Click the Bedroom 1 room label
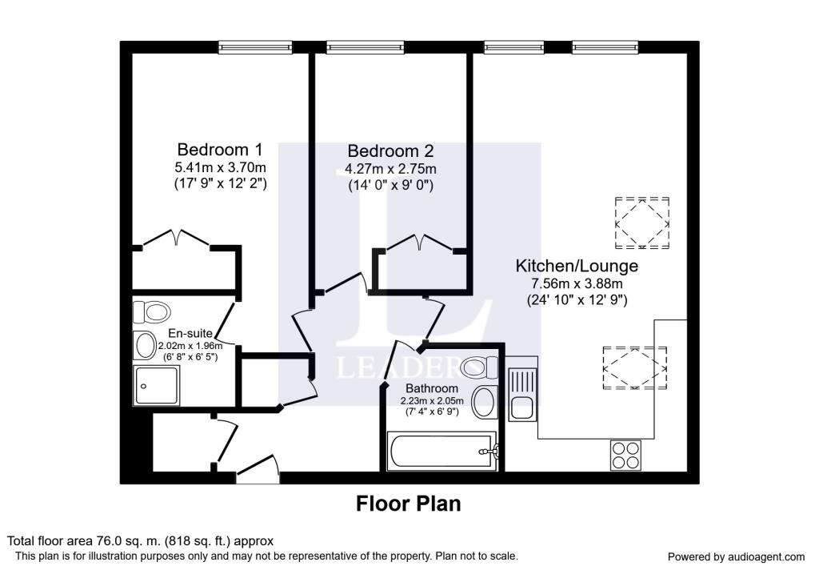point(220,150)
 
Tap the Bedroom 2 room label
point(390,151)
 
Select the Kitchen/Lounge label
point(577,266)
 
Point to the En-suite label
point(190,333)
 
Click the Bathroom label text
point(432,388)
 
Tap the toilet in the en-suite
point(151,312)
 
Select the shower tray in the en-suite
point(157,385)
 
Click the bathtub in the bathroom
point(441,451)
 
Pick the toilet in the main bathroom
point(481,367)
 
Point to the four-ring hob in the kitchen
point(625,455)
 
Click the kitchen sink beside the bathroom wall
point(522,394)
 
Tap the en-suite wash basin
point(145,345)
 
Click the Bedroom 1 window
point(255,47)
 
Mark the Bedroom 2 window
point(365,47)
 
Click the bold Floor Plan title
point(409,504)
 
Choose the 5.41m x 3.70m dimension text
point(220,168)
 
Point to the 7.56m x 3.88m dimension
point(577,284)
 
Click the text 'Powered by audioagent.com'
point(736,557)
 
